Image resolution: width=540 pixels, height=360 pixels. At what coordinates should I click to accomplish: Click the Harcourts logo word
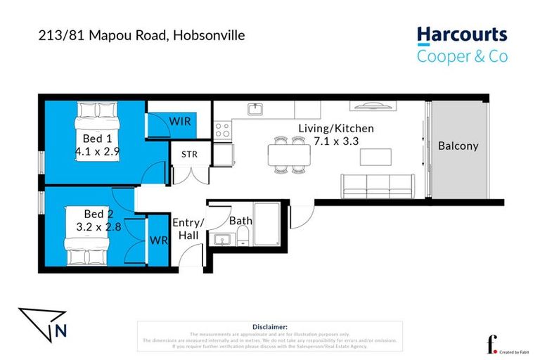[x=461, y=34]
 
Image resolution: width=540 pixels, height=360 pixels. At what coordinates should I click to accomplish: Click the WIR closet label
[x=180, y=121]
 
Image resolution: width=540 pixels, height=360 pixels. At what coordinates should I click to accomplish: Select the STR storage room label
[x=189, y=155]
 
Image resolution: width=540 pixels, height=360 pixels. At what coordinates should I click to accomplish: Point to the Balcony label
[x=458, y=146]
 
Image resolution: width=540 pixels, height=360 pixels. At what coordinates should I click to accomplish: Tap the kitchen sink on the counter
[x=255, y=110]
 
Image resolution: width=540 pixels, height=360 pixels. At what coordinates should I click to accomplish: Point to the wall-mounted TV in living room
[x=370, y=107]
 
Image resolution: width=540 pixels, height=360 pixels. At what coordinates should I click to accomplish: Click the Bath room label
[x=240, y=221]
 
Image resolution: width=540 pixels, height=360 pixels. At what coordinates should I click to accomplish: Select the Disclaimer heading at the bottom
[x=269, y=327]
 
